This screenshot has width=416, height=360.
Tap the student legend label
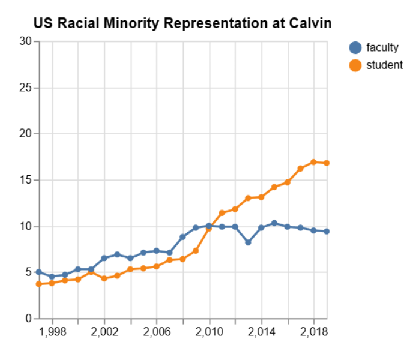384,65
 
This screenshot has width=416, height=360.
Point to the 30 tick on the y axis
25,41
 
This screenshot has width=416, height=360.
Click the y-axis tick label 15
25,180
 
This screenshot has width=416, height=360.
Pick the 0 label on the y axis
28,319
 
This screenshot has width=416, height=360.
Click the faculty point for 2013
248,242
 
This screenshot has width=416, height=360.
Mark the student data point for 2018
314,162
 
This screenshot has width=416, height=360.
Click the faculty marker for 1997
39,272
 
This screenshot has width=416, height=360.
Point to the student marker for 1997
39,284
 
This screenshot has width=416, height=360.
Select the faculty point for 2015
274,223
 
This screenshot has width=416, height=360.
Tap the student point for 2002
104,278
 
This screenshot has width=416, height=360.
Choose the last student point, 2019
327,163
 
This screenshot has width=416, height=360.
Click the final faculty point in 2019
327,232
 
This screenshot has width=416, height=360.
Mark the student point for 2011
222,213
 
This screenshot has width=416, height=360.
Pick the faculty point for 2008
183,237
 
